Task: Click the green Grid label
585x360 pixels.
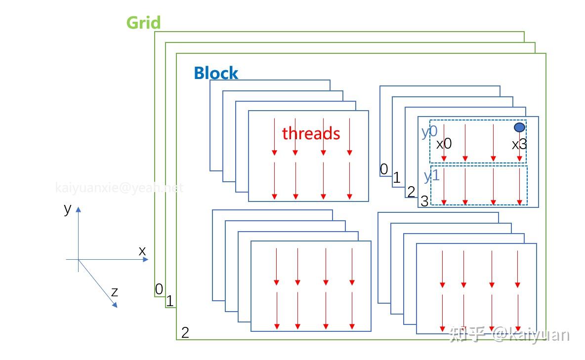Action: coord(143,23)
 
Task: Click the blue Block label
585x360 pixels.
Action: coord(216,74)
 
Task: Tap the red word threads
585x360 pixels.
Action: coord(311,133)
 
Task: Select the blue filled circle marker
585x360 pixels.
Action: coord(519,127)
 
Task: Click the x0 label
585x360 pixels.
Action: coord(444,144)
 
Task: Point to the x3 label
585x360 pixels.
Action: coord(519,145)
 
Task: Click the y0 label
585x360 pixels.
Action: coord(429,132)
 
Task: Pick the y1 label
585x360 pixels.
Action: coord(431,176)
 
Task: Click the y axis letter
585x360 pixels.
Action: coord(68,208)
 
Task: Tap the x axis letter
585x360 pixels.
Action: coord(142,251)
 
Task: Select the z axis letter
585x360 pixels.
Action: coord(115,292)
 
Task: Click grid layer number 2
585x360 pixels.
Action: coord(185,332)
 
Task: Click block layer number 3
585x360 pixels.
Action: coord(424,201)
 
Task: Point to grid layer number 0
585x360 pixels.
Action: coord(159,289)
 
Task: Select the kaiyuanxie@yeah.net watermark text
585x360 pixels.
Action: coord(119,188)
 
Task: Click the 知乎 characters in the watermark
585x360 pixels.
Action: coord(467,335)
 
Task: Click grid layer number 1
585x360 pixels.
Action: coord(169,301)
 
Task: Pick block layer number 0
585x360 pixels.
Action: coord(384,169)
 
